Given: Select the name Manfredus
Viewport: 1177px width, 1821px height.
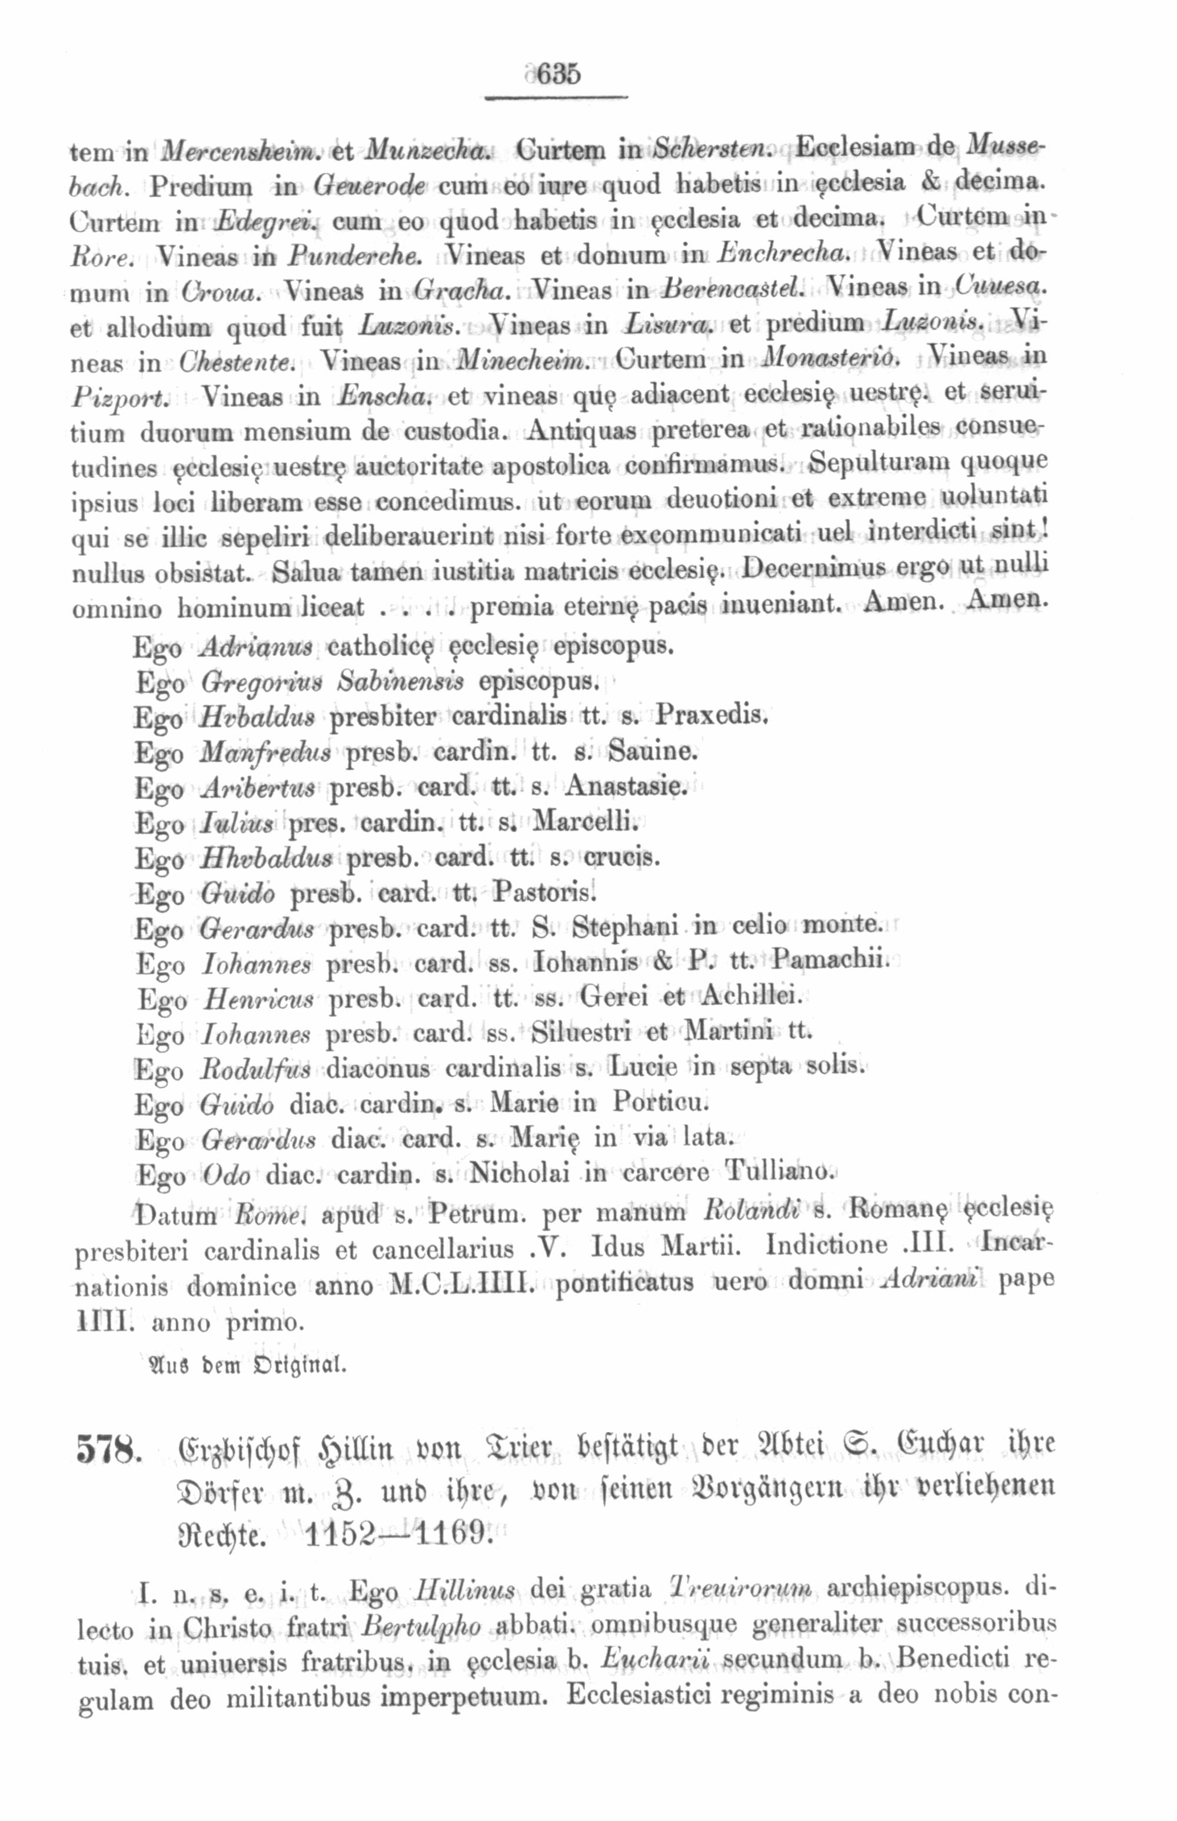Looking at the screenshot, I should point(264,752).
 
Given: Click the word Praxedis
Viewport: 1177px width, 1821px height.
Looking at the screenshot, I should point(711,717).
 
